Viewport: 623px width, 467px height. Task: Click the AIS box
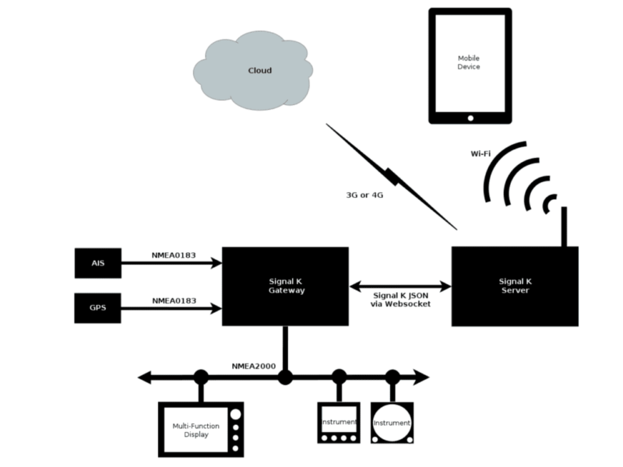(x=97, y=264)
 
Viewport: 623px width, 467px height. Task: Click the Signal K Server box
(x=514, y=286)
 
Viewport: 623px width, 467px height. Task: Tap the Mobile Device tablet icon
(x=470, y=65)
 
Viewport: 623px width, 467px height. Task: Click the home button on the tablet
(x=470, y=118)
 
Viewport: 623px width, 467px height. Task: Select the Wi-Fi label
(x=480, y=154)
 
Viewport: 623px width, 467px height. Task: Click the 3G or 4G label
(x=364, y=195)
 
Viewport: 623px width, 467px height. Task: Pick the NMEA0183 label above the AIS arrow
(x=174, y=255)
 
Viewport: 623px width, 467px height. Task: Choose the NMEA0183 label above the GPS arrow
(x=174, y=300)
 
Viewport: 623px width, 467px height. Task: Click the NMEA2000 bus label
(x=253, y=366)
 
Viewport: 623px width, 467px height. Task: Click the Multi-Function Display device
(x=200, y=429)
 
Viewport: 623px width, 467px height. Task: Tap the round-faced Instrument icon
(x=392, y=423)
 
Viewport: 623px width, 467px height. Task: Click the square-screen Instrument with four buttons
(x=339, y=423)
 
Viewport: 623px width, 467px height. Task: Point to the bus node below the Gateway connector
(x=286, y=377)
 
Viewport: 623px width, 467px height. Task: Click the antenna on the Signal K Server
(x=563, y=226)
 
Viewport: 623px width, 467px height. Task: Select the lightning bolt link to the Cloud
(x=392, y=177)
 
